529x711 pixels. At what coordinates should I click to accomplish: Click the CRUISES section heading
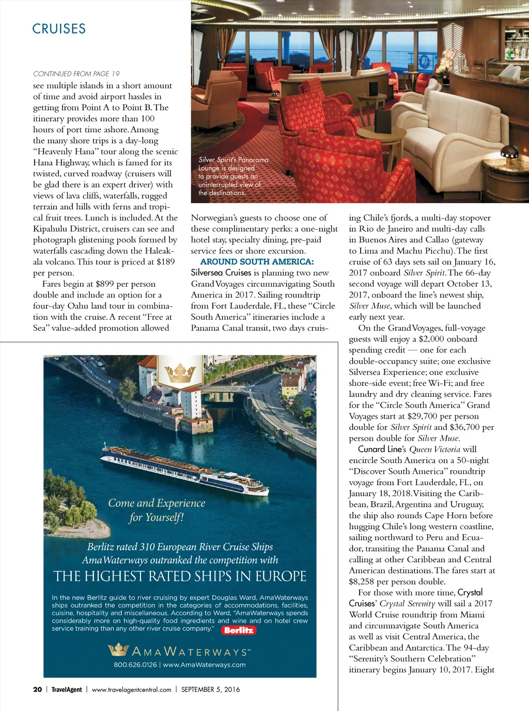click(59, 29)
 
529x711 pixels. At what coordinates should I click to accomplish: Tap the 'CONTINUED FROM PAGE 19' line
click(76, 74)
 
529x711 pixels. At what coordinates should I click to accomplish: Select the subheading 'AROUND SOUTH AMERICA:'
click(257, 262)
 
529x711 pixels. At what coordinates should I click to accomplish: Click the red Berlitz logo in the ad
click(239, 630)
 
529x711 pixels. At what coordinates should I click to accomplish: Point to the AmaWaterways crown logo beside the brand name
click(118, 650)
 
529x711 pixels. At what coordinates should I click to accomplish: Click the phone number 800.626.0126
click(135, 665)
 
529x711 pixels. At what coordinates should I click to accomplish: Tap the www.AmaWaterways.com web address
click(205, 665)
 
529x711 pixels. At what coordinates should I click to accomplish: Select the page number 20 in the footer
click(37, 689)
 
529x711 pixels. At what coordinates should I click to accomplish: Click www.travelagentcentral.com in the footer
click(131, 689)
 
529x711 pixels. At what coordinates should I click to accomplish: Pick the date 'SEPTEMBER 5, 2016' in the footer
click(210, 689)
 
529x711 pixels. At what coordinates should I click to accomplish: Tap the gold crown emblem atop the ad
click(180, 373)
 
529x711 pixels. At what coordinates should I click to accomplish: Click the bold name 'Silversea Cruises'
click(221, 273)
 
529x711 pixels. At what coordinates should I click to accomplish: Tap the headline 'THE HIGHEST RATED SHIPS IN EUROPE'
click(180, 577)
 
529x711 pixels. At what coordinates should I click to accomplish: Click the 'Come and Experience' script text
click(157, 503)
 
